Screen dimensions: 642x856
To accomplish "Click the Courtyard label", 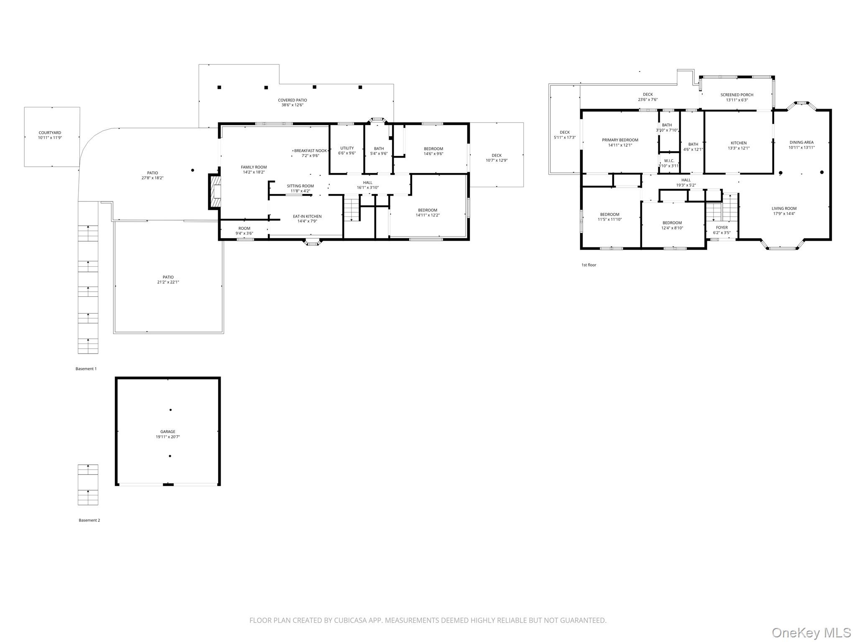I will tap(50, 133).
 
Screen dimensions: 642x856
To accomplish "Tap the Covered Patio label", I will tap(292, 100).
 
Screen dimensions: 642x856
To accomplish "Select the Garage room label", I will tap(168, 432).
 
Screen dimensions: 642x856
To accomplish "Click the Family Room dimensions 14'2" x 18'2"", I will tap(254, 172).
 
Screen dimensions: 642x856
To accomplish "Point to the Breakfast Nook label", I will tap(310, 150).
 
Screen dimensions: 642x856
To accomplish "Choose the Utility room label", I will tap(346, 148).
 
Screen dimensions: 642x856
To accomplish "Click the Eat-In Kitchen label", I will tap(307, 217).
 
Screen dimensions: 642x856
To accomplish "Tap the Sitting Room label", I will tap(300, 186).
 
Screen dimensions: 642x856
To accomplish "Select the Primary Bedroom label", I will tap(620, 140).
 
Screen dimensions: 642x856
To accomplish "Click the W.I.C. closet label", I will tap(669, 161).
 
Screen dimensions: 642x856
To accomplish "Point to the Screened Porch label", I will tap(736, 95).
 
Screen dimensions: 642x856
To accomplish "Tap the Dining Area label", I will tap(801, 143).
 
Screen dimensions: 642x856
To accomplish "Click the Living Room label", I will tap(784, 209).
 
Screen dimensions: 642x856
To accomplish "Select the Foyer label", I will tap(721, 228).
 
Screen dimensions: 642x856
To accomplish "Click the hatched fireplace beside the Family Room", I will tap(215, 191).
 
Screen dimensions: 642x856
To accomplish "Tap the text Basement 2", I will tap(89, 520).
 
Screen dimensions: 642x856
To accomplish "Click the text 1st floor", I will tap(588, 265).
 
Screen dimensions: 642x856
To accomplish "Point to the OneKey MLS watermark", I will tap(811, 632).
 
